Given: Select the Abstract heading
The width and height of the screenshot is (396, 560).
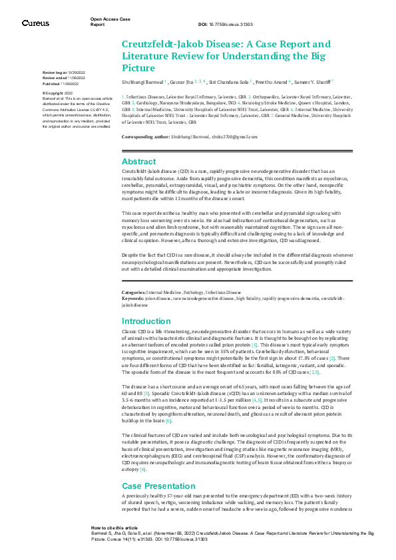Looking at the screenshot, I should (138, 161).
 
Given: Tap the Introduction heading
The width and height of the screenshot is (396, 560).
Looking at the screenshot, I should (146, 321).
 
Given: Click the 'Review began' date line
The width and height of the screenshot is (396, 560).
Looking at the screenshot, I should (64, 71).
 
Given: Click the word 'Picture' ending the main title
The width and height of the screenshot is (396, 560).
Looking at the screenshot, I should (138, 68).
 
